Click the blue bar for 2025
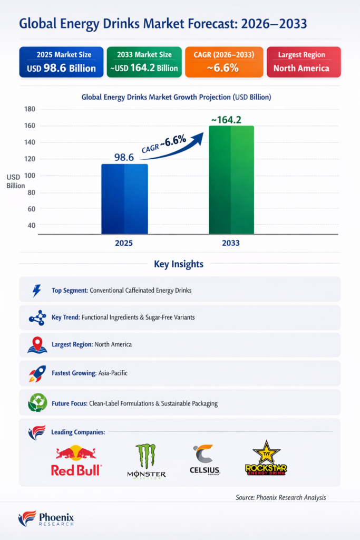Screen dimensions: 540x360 click(124, 199)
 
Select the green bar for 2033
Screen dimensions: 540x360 click(231, 180)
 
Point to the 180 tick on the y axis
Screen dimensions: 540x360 click(30, 109)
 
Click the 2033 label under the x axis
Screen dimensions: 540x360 click(231, 243)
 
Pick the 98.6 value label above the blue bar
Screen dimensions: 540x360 click(124, 157)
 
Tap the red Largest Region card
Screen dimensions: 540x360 click(304, 62)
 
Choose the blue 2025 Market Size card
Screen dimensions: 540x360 click(61, 62)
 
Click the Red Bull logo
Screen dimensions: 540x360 click(76, 460)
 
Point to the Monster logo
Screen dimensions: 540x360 click(147, 460)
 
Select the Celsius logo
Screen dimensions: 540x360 click(205, 459)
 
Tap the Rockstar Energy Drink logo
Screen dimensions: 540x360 click(266, 458)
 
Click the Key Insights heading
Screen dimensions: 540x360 click(179, 264)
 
